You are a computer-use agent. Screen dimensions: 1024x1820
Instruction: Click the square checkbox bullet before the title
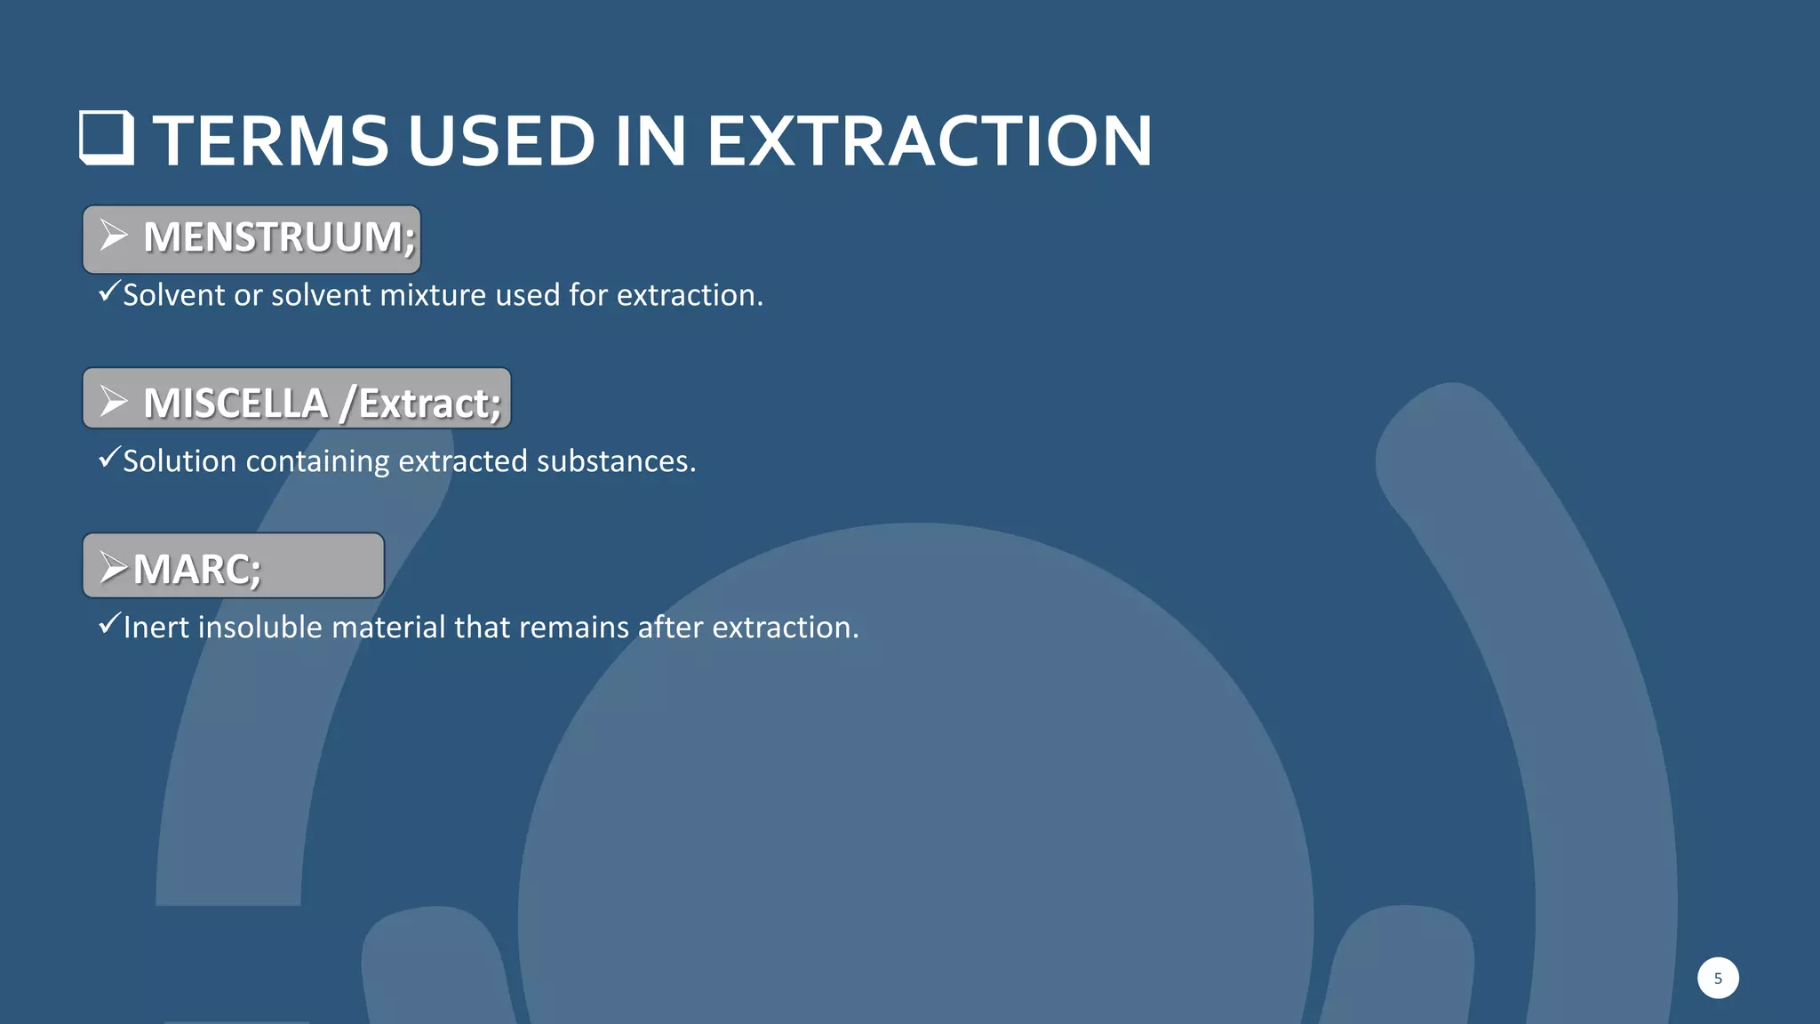click(107, 138)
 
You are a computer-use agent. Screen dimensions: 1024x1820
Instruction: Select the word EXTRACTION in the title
click(930, 140)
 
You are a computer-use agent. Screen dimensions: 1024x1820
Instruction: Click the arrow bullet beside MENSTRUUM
click(114, 236)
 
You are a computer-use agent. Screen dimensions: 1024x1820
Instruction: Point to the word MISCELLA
click(235, 403)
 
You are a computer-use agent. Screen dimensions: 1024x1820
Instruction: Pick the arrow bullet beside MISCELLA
click(114, 401)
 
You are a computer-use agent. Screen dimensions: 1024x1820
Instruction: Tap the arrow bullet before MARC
click(114, 567)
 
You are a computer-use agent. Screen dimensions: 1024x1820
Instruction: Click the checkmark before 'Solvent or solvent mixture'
click(108, 291)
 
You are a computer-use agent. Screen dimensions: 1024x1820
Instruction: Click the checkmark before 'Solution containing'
click(108, 457)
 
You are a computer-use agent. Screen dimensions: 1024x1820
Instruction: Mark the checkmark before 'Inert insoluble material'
click(108, 623)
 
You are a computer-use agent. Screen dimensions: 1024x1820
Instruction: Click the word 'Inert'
click(156, 628)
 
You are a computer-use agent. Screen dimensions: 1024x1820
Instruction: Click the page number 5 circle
click(1718, 978)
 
